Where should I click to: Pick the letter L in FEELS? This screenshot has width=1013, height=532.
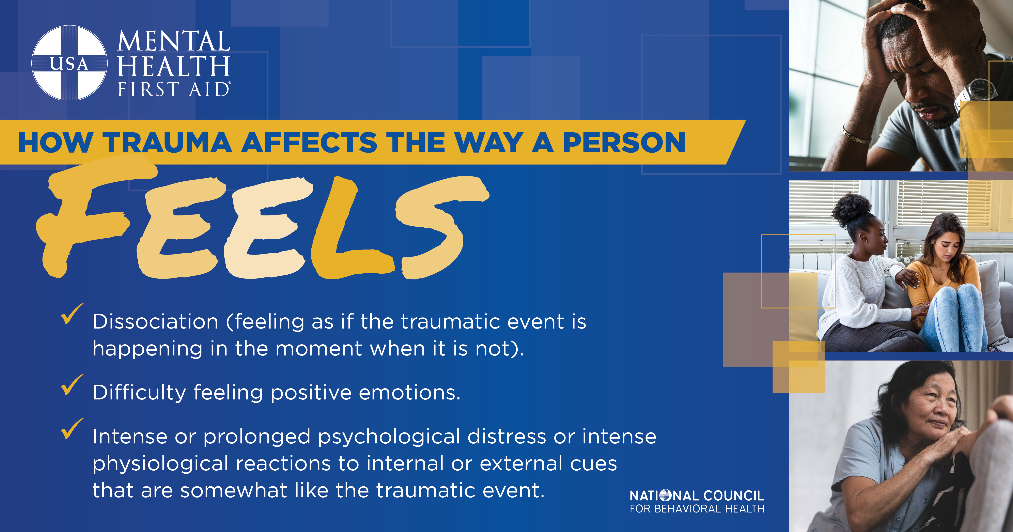(x=350, y=228)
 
